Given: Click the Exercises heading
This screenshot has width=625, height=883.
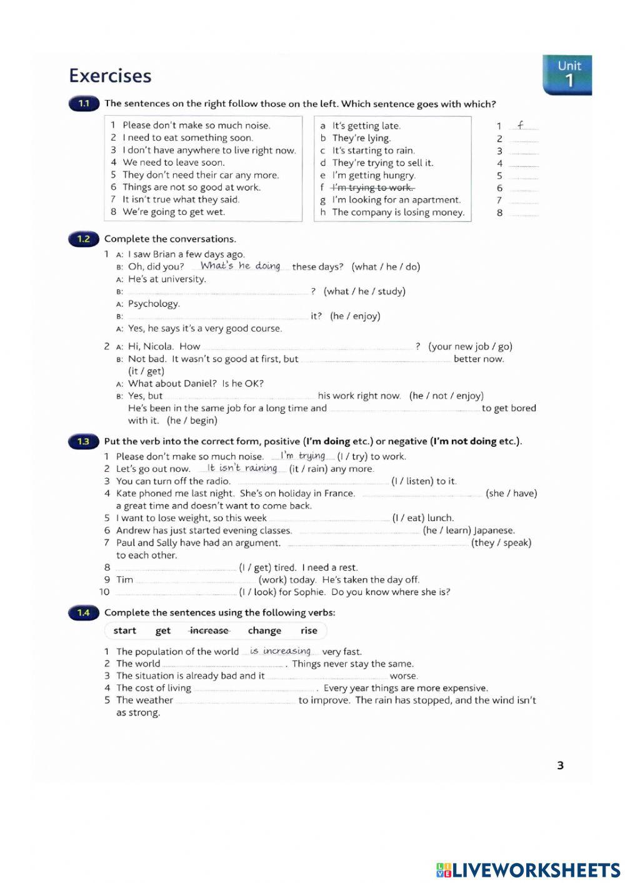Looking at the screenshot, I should click(x=110, y=76).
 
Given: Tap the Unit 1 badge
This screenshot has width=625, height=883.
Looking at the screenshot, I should click(x=567, y=74).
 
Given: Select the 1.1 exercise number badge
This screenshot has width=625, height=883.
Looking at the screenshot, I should click(x=84, y=104).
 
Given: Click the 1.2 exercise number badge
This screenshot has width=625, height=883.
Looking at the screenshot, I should click(x=84, y=239).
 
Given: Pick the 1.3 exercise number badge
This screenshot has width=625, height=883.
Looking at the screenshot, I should click(x=84, y=441).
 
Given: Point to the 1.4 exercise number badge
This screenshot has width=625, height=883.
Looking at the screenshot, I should click(x=84, y=612).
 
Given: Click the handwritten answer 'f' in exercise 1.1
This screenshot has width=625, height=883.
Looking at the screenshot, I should click(x=521, y=125).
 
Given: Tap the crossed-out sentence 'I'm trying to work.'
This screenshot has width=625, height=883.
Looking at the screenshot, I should click(x=372, y=187).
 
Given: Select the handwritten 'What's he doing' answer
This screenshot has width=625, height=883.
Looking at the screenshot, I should click(x=240, y=266).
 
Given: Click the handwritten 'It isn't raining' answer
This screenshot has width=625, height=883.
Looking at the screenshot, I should click(x=242, y=468).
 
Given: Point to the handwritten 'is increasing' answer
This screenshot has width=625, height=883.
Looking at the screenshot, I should click(x=280, y=651).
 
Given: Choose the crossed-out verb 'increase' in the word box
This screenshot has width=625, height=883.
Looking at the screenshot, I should click(x=209, y=631).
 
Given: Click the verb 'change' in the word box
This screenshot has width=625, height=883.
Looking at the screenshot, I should click(x=264, y=631).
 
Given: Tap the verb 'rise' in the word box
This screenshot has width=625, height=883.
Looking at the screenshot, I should click(x=309, y=631).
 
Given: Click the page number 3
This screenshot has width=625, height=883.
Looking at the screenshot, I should click(x=560, y=765).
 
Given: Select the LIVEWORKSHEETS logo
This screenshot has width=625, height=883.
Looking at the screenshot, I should click(x=528, y=869).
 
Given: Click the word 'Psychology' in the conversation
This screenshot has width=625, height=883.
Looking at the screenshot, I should click(x=153, y=304).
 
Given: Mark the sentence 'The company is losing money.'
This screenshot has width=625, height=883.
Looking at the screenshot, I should click(x=398, y=212).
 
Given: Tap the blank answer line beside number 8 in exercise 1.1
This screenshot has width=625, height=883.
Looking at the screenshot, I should click(x=523, y=213).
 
